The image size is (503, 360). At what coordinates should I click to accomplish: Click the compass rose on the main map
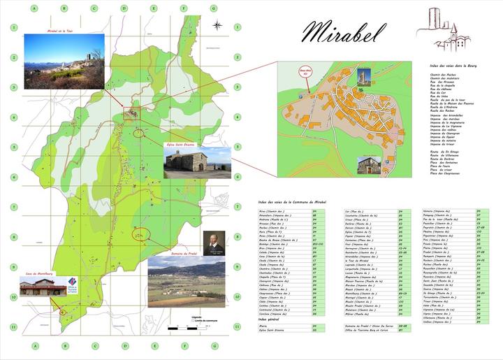218,27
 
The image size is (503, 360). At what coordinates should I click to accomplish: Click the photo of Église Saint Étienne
187,162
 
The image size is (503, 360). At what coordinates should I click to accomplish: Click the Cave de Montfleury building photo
42,287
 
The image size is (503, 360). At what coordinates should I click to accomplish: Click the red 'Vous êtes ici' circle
304,72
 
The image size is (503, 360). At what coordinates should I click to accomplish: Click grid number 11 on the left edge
13,326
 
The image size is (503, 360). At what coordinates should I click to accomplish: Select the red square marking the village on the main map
130,112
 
